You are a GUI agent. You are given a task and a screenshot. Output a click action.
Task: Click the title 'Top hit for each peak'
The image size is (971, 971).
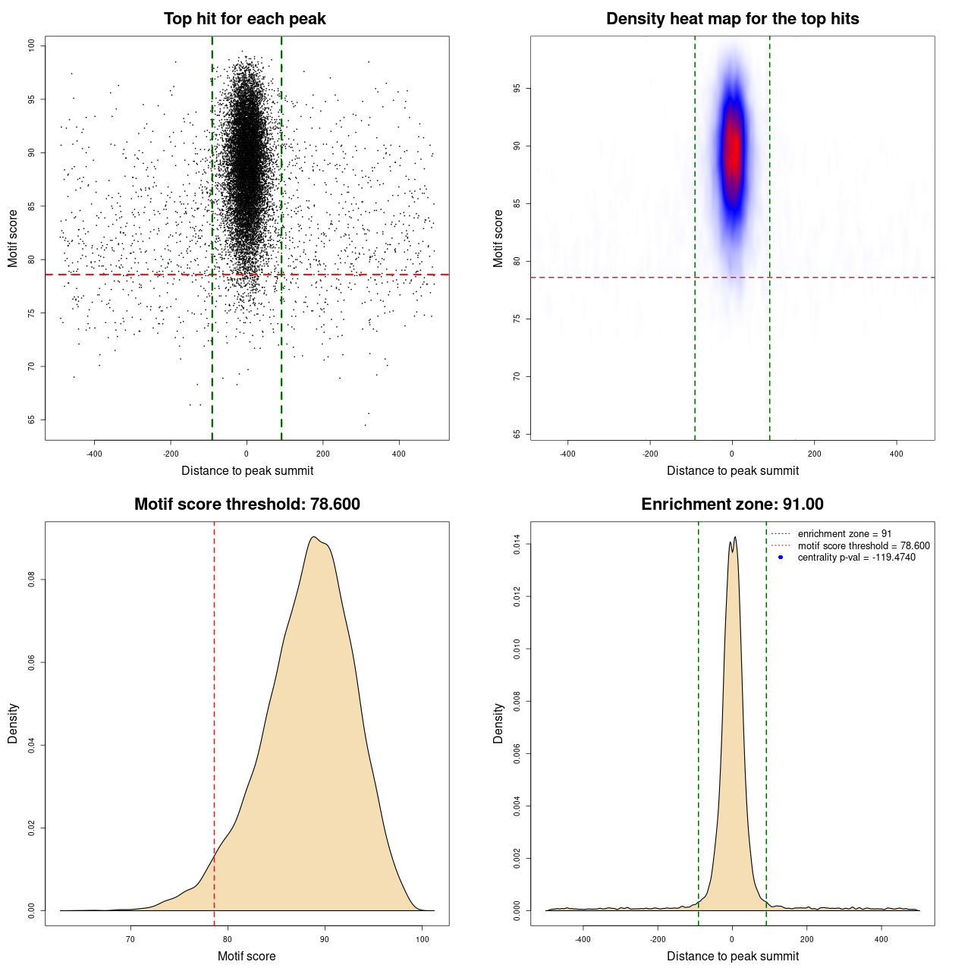coord(245,19)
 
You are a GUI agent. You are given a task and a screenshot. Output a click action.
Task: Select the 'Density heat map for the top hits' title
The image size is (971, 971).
coord(732,19)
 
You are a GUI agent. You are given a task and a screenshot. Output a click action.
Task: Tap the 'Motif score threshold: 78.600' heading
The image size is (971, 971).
coord(247,504)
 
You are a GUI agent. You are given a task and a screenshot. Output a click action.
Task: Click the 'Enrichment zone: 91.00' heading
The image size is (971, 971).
coord(732,504)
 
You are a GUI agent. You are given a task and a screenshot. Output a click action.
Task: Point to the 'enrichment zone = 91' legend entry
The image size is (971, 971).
coord(844,534)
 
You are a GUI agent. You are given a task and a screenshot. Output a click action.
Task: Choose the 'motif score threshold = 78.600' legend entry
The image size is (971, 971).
coord(863,545)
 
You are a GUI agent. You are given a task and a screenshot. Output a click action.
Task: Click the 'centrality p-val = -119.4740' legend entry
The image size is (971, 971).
coord(856,558)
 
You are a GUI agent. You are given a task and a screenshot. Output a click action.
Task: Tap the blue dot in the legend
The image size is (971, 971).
coord(781,558)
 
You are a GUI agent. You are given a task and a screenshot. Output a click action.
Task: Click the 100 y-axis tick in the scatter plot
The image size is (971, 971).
coord(31,46)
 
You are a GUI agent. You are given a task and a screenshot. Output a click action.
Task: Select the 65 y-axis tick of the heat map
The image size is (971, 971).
coord(517,434)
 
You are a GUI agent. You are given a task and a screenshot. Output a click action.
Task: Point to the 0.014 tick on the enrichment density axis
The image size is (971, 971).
coord(517,544)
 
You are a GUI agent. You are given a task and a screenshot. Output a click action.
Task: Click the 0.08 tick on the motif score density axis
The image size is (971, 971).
coord(31,580)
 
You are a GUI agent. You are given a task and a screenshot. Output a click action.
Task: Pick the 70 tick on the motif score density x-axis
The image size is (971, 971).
coord(130,939)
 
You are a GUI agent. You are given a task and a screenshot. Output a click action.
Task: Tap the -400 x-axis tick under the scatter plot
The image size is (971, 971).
coord(94,454)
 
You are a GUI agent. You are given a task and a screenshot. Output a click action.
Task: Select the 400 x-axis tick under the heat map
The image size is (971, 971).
coord(897,454)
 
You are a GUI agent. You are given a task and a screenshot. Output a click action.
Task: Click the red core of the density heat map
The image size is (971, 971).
coord(732,152)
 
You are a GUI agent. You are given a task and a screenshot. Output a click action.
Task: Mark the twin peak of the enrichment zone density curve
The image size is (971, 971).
coord(733,539)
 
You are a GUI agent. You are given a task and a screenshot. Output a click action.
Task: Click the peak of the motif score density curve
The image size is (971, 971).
coord(313,537)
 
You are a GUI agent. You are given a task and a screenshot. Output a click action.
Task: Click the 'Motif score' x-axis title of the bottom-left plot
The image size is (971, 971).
coord(247,956)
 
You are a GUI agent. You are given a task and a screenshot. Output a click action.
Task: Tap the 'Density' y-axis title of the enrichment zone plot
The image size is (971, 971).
coord(498,723)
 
